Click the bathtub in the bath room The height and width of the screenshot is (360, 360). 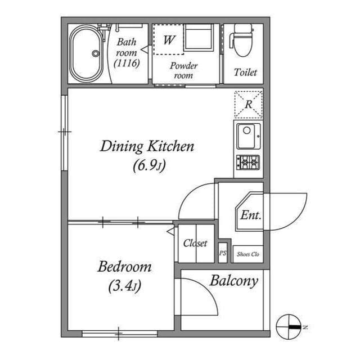coord(87,53)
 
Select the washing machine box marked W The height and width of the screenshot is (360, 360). coord(168,40)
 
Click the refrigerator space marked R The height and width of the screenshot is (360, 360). coord(248,104)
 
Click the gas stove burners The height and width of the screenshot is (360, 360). coord(248,163)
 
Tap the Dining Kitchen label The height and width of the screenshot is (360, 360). coord(147,147)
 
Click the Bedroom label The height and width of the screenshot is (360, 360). coord(124,267)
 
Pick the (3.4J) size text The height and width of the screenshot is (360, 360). coord(124,286)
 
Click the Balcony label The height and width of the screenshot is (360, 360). coord(233,281)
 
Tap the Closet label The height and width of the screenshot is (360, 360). coord(195,244)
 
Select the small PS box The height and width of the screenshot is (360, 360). coord(223,254)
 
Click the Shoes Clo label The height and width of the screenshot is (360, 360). coord(247,254)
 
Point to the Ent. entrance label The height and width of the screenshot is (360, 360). coord(250,215)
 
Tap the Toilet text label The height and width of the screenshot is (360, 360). coord(245,73)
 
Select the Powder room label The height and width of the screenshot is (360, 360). coord(183,70)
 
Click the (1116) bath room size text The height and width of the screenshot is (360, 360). coord(126,63)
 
